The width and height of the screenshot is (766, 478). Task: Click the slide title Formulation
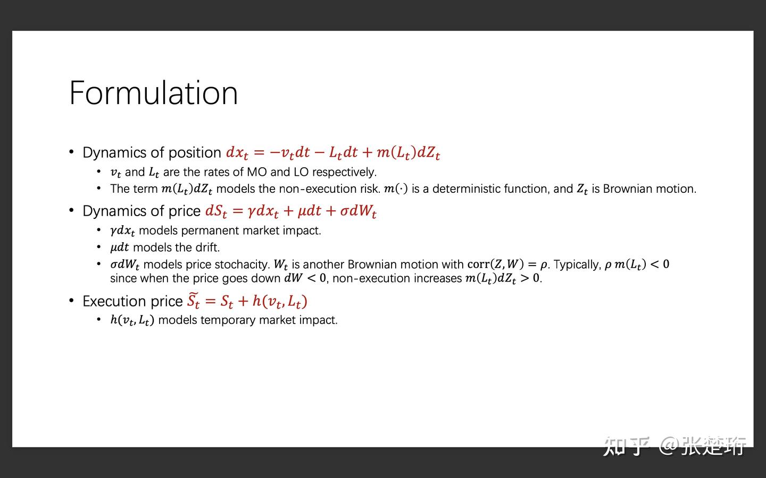[154, 93]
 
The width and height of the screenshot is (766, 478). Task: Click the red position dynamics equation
[333, 152]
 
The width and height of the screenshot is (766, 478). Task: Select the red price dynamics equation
[290, 211]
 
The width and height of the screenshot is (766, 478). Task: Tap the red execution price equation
[247, 301]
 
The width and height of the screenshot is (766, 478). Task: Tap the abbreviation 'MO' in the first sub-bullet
[256, 172]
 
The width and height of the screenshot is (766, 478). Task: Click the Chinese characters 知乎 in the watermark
[626, 446]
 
